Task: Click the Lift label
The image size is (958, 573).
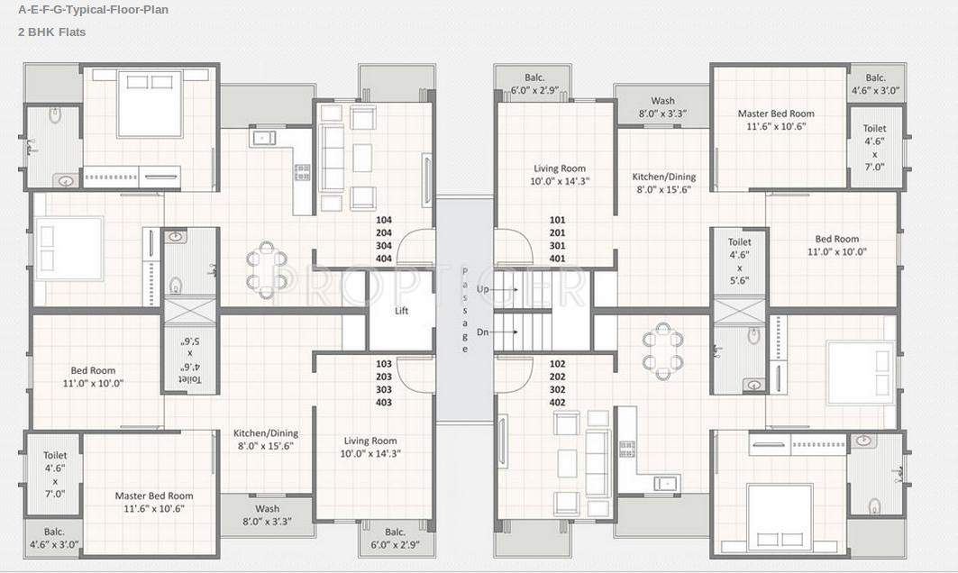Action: point(401,311)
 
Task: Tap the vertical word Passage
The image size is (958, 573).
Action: point(465,311)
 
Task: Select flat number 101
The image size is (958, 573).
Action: point(558,220)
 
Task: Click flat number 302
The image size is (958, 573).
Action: point(558,389)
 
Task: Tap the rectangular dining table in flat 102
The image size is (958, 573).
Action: point(662,351)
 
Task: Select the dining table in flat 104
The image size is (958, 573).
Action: point(268,269)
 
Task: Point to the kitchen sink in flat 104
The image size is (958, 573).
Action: point(264,138)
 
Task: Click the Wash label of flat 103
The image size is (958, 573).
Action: point(267,508)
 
